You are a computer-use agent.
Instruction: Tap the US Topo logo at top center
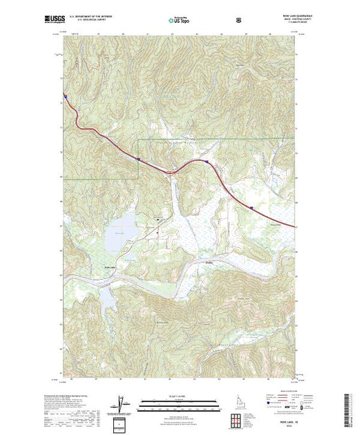[x=180, y=21]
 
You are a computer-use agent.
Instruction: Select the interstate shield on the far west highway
[x=64, y=96]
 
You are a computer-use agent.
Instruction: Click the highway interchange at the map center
[x=169, y=171]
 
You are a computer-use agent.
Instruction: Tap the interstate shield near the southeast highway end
[x=252, y=206]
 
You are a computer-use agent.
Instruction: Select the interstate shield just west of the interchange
[x=139, y=159]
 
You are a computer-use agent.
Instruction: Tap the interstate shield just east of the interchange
[x=205, y=162]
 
